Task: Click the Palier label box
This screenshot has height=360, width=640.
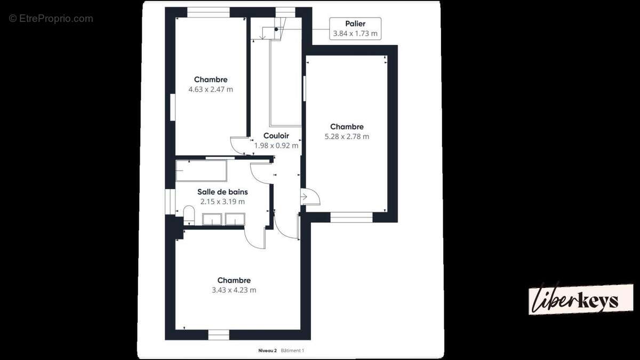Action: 355,29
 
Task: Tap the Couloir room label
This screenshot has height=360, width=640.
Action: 276,135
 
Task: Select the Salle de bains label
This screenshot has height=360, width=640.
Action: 222,191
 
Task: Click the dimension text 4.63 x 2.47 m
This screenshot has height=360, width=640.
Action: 211,90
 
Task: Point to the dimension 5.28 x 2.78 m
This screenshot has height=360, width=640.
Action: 347,137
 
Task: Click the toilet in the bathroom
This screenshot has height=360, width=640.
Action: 189,215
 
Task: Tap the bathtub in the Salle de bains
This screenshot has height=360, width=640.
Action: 202,171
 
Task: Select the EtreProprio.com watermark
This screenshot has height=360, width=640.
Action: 51,19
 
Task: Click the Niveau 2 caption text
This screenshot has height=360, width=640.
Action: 267,350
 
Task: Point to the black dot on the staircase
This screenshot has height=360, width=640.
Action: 276,29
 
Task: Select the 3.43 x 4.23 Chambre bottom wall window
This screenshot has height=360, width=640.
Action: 219,334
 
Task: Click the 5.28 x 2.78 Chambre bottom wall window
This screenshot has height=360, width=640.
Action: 351,217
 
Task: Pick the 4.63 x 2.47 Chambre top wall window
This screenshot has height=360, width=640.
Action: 209,12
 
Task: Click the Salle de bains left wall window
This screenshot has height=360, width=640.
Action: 170,202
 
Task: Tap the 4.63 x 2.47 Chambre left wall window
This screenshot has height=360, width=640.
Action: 173,107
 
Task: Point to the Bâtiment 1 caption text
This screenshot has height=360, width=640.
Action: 293,350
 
